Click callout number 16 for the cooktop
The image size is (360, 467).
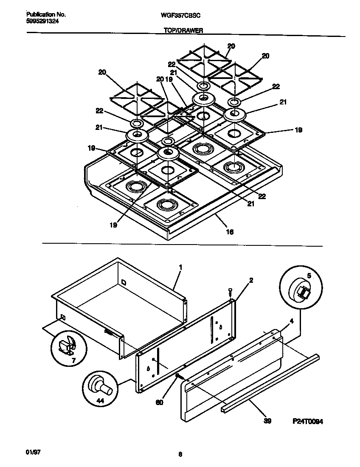point(230,232)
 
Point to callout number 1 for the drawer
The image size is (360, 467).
point(180,267)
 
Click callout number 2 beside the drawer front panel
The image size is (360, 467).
point(251,280)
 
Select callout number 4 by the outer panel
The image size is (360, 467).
point(291,322)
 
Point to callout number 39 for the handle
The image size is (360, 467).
point(267,421)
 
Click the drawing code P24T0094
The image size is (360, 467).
point(308,421)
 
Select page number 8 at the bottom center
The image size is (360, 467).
point(180,454)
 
